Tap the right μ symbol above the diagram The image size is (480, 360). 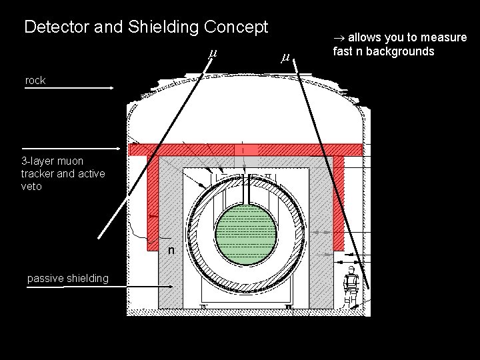285,58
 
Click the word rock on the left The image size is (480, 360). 35,81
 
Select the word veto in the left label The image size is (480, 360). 31,187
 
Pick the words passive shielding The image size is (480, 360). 68,278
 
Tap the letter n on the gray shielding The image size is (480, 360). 171,251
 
